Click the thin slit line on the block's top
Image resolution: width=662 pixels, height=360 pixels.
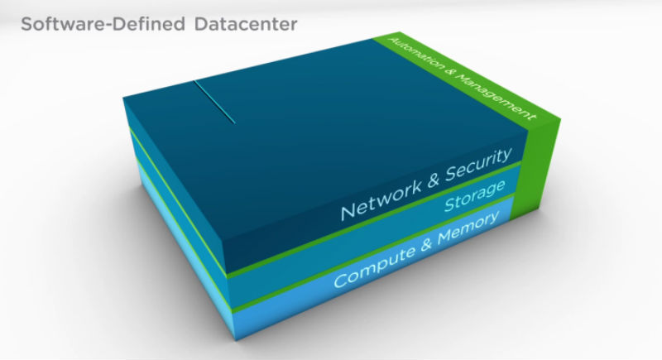coord(214,102)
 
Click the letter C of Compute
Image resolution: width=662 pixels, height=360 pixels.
coord(338,280)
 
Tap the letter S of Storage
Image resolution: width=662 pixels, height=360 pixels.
coord(449,205)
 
